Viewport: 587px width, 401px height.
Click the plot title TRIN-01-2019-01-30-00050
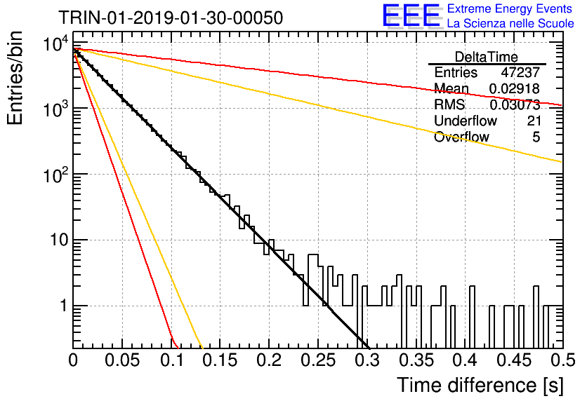coord(171,18)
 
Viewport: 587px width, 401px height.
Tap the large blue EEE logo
coord(411,15)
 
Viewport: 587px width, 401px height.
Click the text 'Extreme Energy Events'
coord(510,8)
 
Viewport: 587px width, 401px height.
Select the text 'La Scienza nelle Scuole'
coord(510,23)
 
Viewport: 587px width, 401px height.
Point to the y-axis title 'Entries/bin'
coord(15,79)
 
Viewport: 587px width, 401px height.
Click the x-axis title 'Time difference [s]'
coord(480,386)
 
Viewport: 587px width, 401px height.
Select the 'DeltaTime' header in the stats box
coord(487,57)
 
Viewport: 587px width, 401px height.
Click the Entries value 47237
coord(520,72)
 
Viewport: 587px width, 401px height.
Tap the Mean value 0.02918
coord(515,88)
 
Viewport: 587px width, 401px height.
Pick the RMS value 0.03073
coord(515,104)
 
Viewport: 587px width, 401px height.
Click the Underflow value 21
coord(534,121)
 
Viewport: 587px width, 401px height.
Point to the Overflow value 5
coord(536,137)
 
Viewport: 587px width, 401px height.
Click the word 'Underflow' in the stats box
coord(466,121)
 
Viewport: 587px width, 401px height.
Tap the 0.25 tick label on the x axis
coord(318,360)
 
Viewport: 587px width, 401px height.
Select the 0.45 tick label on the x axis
coord(515,360)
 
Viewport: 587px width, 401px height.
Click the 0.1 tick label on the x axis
coord(171,360)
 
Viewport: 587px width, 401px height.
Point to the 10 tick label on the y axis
coord(59,240)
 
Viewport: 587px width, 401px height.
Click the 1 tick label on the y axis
coord(64,306)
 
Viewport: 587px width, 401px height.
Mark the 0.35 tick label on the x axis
coord(416,360)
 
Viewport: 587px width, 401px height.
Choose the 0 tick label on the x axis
coord(73,360)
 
